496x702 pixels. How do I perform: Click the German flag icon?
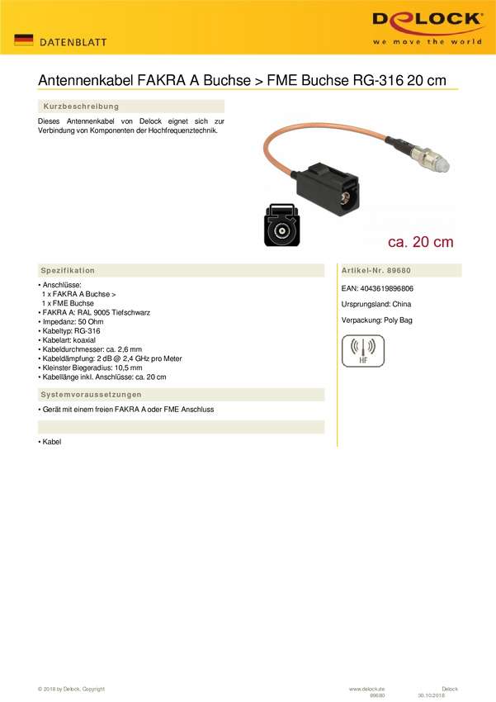click(x=24, y=40)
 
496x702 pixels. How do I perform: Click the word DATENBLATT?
click(x=73, y=42)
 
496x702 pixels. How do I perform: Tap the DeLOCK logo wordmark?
click(x=427, y=20)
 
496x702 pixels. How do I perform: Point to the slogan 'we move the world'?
click(x=427, y=41)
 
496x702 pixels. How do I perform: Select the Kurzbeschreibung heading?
click(x=81, y=107)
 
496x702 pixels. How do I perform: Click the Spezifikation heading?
click(x=68, y=271)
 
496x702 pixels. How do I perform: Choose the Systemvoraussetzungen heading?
click(x=91, y=395)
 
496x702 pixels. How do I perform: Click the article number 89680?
click(x=399, y=271)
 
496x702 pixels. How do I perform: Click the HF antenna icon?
click(x=362, y=350)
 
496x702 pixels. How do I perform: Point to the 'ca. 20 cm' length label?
click(x=420, y=241)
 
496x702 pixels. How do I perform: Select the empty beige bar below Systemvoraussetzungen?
click(x=181, y=426)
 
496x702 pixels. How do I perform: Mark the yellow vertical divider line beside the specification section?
click(x=337, y=363)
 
